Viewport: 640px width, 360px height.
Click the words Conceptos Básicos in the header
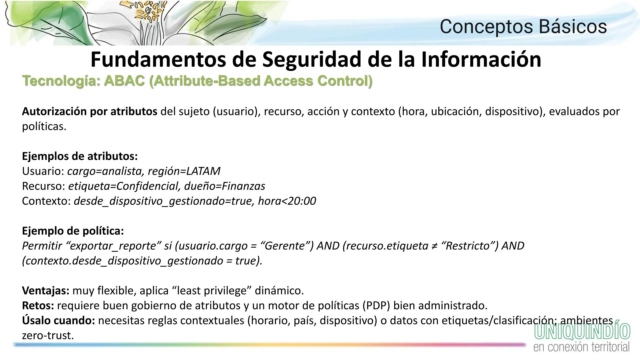(x=523, y=27)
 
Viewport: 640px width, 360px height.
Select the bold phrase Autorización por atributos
(x=89, y=111)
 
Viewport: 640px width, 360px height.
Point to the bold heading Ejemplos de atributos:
(x=80, y=156)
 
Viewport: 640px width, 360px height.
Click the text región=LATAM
(x=184, y=171)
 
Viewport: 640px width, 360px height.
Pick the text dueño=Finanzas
(x=225, y=186)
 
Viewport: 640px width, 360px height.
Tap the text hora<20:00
(x=287, y=201)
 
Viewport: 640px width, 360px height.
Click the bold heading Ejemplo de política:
(x=73, y=231)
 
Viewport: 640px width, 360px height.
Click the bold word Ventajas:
(x=46, y=291)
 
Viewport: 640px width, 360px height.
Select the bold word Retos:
(x=38, y=305)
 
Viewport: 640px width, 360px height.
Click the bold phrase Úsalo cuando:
(x=59, y=320)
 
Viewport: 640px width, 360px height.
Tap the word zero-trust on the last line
(x=48, y=335)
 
